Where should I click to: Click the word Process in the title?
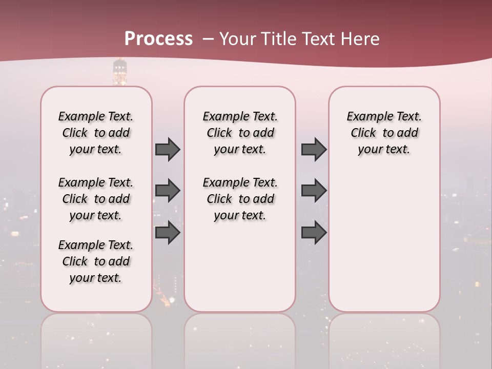pyautogui.click(x=158, y=39)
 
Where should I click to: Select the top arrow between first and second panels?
pyautogui.click(x=168, y=149)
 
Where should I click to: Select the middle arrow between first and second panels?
pyautogui.click(x=168, y=191)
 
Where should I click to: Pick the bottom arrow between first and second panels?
pyautogui.click(x=168, y=233)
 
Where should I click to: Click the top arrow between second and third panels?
pyautogui.click(x=314, y=149)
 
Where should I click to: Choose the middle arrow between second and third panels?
pyautogui.click(x=314, y=191)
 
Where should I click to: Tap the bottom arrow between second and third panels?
pyautogui.click(x=314, y=233)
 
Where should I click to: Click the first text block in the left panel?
pyautogui.click(x=96, y=133)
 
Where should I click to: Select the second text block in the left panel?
pyautogui.click(x=96, y=199)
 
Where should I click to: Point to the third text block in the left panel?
pyautogui.click(x=96, y=261)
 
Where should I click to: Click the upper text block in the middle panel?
pyautogui.click(x=240, y=133)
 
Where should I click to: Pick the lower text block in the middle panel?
pyautogui.click(x=240, y=199)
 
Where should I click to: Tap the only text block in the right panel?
pyautogui.click(x=384, y=133)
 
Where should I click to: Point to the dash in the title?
pyautogui.click(x=208, y=39)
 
